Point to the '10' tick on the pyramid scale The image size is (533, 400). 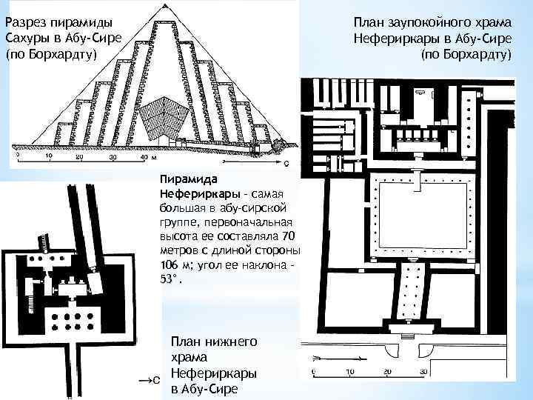click(49, 157)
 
